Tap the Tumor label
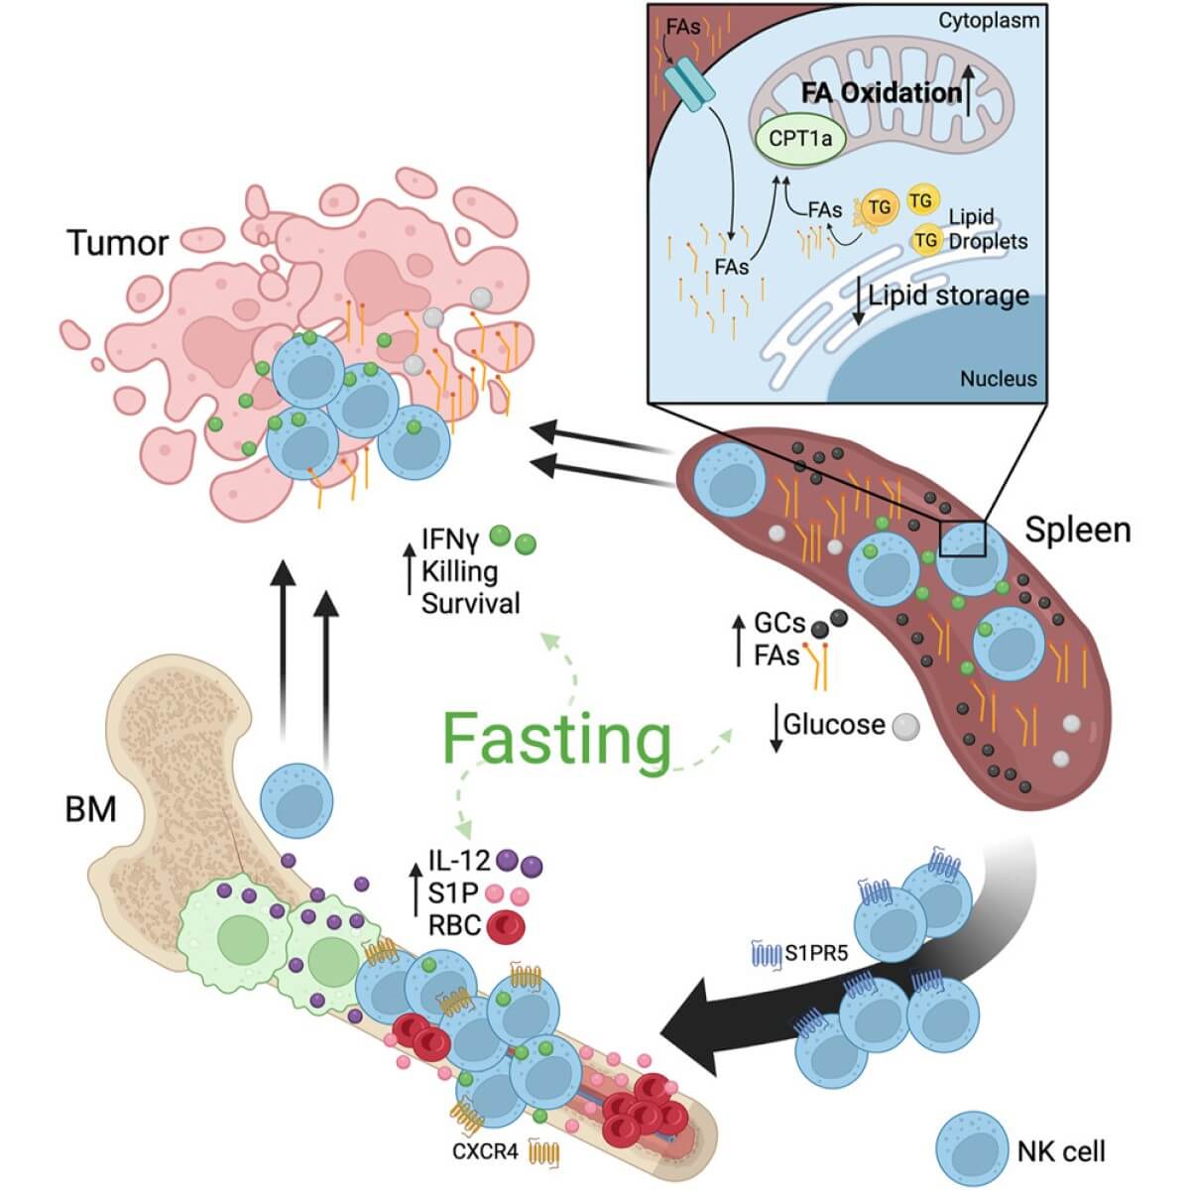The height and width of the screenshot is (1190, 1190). (x=117, y=243)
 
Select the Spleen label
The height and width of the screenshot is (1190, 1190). (x=1077, y=530)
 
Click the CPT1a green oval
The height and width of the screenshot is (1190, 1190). (x=800, y=140)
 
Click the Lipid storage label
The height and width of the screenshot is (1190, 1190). (x=948, y=296)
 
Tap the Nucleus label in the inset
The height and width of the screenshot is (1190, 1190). (x=998, y=378)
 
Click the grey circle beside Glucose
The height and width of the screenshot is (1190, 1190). (x=904, y=727)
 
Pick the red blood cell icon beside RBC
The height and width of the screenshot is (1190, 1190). (x=505, y=926)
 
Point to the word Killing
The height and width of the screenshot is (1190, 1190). (x=459, y=571)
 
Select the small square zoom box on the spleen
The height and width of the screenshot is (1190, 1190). (x=963, y=539)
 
